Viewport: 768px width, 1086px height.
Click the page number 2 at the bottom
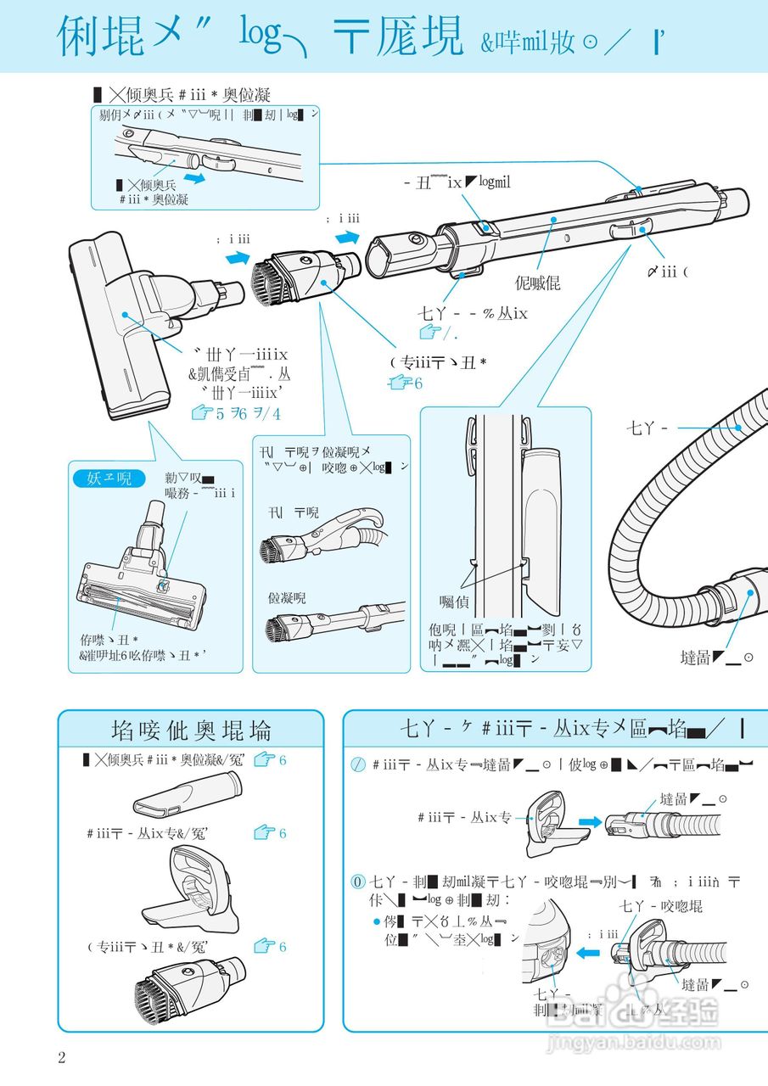61,1057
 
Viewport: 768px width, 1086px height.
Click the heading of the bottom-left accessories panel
191,731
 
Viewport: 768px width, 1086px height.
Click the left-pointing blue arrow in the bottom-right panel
587,953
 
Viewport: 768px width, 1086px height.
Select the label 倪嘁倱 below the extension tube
537,283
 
